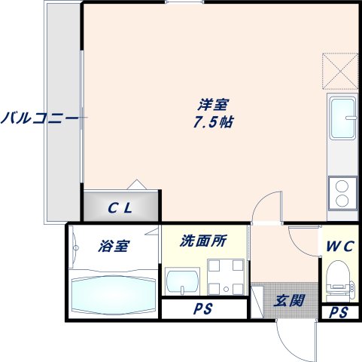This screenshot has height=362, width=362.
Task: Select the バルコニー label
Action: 39,118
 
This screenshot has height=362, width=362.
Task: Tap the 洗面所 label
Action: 202,242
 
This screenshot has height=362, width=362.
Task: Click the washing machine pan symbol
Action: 226,276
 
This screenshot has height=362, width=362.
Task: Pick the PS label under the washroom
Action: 202,309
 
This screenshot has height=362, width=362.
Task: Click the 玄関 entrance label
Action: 289,301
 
